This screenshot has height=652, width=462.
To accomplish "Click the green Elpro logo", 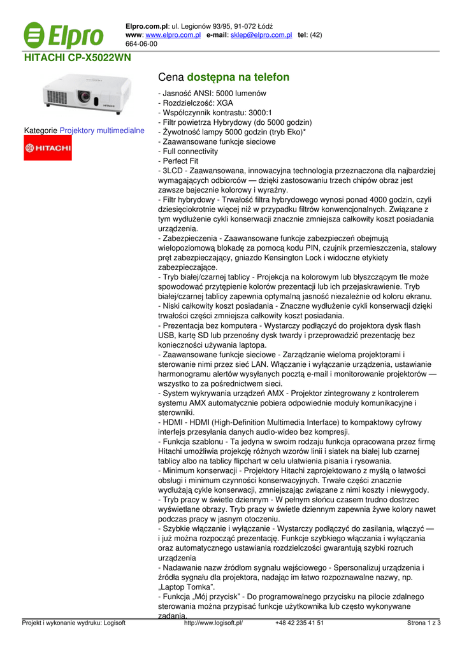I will click(x=64, y=36).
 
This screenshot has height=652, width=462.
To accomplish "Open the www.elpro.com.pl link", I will click(x=173, y=35).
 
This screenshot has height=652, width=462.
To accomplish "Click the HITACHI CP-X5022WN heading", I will click(x=77, y=57).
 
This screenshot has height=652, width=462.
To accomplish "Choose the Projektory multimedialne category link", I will click(x=102, y=131).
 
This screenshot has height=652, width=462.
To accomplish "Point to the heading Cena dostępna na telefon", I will click(x=223, y=77).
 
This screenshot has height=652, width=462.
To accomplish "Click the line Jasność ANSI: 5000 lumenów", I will click(x=212, y=93).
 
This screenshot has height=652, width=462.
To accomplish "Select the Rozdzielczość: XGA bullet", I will click(x=191, y=103).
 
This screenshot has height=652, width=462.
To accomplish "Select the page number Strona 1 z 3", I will click(x=424, y=623).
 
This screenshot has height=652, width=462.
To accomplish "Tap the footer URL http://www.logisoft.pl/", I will click(x=213, y=623).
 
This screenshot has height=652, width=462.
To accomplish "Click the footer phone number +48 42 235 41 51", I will click(x=300, y=623).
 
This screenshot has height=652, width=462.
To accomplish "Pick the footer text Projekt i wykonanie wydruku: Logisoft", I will click(x=74, y=623).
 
